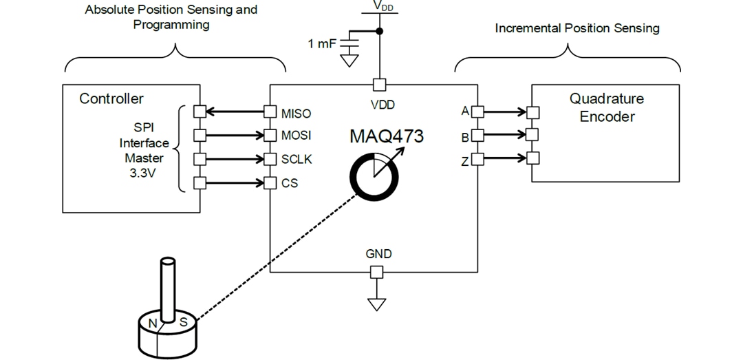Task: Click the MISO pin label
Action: click(296, 113)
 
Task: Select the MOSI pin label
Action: click(297, 136)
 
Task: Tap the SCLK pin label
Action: click(297, 159)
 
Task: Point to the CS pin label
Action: click(289, 183)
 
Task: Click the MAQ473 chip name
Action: click(386, 136)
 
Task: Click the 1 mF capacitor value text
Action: click(323, 45)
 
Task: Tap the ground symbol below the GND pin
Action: click(376, 304)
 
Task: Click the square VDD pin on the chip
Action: click(378, 85)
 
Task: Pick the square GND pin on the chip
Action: click(376, 273)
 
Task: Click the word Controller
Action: click(111, 98)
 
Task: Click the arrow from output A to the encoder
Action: click(505, 111)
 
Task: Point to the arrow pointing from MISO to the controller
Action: click(235, 112)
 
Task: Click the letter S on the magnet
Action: click(183, 321)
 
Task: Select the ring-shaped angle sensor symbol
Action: click(374, 176)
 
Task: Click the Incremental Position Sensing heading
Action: click(577, 28)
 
